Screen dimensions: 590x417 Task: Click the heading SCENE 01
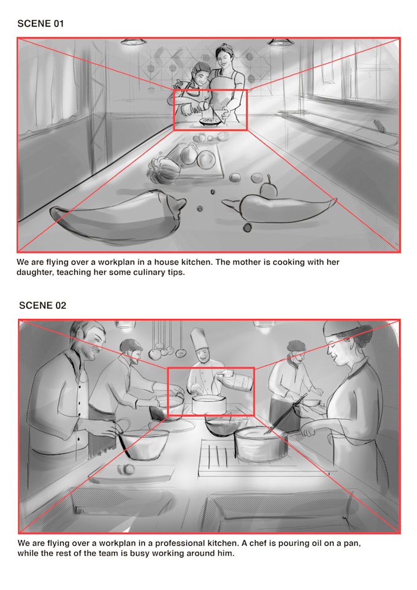pyautogui.click(x=40, y=24)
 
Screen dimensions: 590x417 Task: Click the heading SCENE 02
pyautogui.click(x=42, y=305)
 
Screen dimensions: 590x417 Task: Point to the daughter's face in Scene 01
pyautogui.click(x=201, y=73)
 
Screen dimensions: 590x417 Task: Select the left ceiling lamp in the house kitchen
pyautogui.click(x=131, y=42)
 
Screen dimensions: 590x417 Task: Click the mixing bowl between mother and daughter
pyautogui.click(x=210, y=121)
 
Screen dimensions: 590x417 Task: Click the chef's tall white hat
pyautogui.click(x=199, y=340)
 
